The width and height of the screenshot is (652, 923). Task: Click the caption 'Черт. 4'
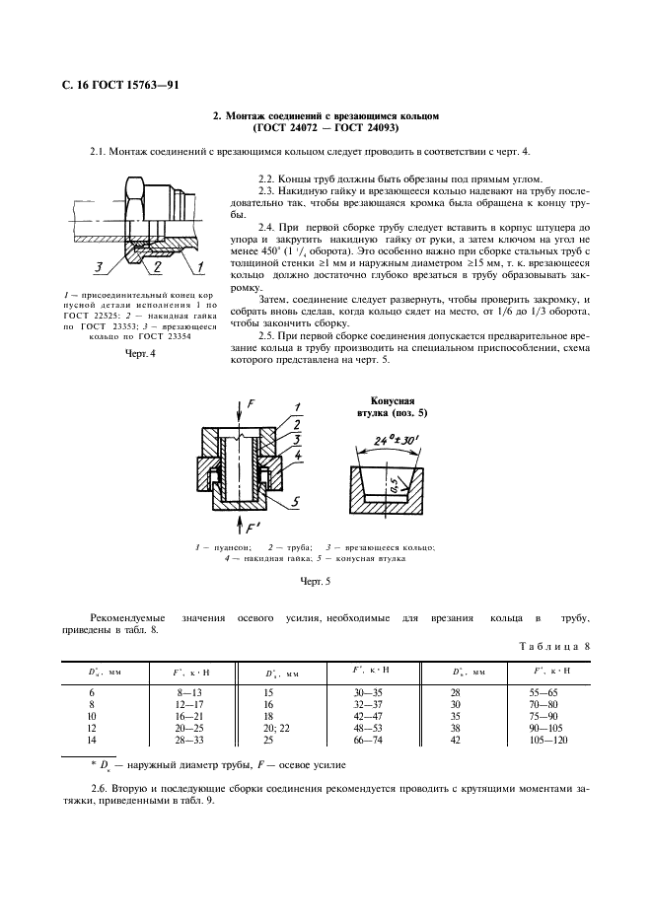click(141, 355)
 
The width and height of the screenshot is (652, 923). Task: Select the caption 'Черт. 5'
click(314, 582)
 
